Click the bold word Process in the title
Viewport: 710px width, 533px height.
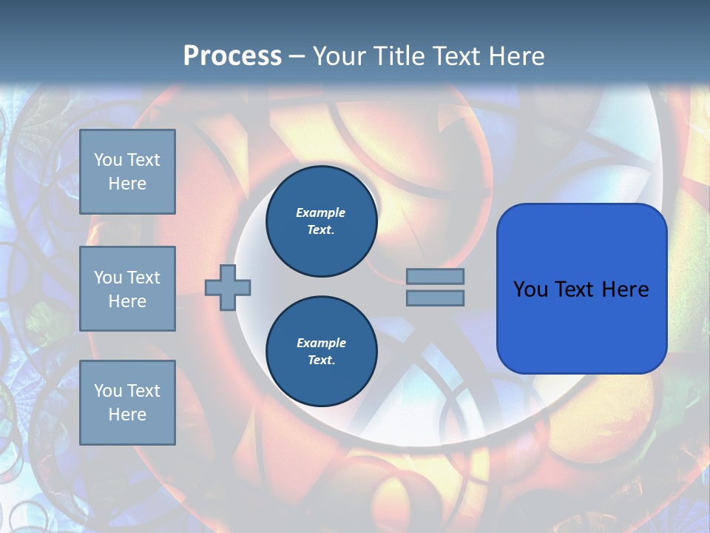232,56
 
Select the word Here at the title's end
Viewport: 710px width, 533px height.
515,56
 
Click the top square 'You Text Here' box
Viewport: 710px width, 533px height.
127,172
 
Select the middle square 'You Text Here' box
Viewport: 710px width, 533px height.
127,289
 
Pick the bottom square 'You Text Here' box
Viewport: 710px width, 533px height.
127,402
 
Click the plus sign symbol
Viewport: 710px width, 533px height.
228,287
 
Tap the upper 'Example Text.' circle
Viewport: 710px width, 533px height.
322,221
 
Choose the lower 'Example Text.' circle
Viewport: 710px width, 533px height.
322,351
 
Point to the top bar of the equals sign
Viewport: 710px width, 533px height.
435,276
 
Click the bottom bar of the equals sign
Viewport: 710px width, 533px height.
435,298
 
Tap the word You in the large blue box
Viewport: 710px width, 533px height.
530,289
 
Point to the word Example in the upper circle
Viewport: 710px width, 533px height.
321,212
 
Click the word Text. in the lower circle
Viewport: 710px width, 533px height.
321,360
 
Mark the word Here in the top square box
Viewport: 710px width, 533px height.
127,184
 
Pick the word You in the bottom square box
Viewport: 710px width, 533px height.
108,390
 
